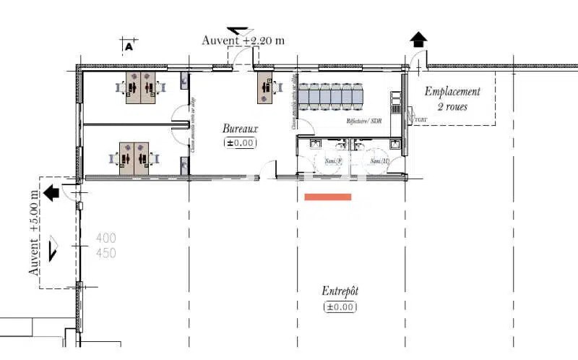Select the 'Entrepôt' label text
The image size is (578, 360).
point(340,291)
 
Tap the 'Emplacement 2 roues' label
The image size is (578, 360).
point(452,99)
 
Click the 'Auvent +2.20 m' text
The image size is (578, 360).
point(243,40)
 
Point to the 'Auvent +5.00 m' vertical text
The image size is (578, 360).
point(35,231)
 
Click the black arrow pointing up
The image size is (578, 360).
point(418,40)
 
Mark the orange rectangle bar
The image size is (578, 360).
point(328,197)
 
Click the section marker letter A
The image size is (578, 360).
point(129,46)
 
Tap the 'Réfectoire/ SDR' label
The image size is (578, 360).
point(363,121)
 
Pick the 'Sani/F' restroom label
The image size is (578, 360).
point(334,160)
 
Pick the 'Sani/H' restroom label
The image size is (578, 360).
point(379,160)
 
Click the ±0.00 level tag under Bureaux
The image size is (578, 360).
point(240,143)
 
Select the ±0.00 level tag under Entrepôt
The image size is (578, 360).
point(340,307)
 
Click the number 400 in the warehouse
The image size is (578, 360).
point(106,238)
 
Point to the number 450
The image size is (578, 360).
point(106,253)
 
